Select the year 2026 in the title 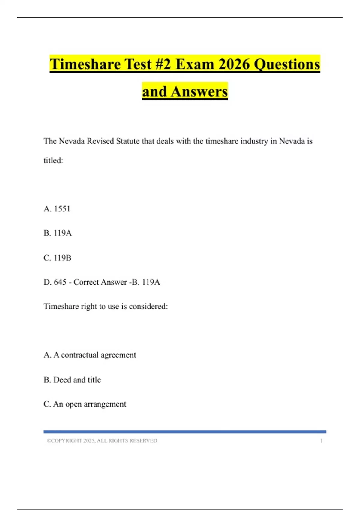234,64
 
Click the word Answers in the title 199,91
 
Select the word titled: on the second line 53,160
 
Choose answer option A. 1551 57,209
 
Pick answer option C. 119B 58,258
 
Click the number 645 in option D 60,282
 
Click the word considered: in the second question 148,306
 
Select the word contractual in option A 80,355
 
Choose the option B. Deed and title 72,379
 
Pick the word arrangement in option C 105,404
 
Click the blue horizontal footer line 185,432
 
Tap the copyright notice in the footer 102,440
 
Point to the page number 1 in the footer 321,440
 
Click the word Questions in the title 287,64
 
